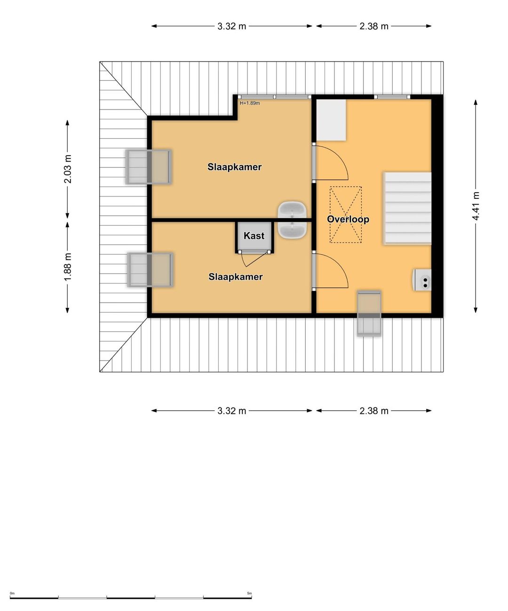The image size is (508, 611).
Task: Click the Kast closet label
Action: coord(254,235)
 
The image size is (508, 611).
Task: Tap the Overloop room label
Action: coord(348,219)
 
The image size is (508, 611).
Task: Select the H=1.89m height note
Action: coord(250,103)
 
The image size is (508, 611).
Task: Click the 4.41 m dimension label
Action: coord(476,206)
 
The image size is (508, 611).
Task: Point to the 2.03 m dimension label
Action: coord(68,169)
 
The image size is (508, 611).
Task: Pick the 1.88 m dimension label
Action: coord(68,267)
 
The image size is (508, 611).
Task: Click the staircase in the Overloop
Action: coord(407,208)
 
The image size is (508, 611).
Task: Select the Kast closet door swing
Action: coord(251,259)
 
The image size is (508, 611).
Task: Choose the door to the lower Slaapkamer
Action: coord(330,271)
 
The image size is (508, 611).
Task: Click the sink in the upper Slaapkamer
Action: coord(292,210)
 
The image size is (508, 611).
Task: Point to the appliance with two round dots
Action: coord(422,280)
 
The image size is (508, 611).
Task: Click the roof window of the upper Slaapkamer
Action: coord(149,167)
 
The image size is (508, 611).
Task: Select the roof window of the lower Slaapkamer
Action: coord(151,270)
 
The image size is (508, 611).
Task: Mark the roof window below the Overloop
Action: coord(369,313)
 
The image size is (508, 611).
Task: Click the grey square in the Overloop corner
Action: coord(332,120)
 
